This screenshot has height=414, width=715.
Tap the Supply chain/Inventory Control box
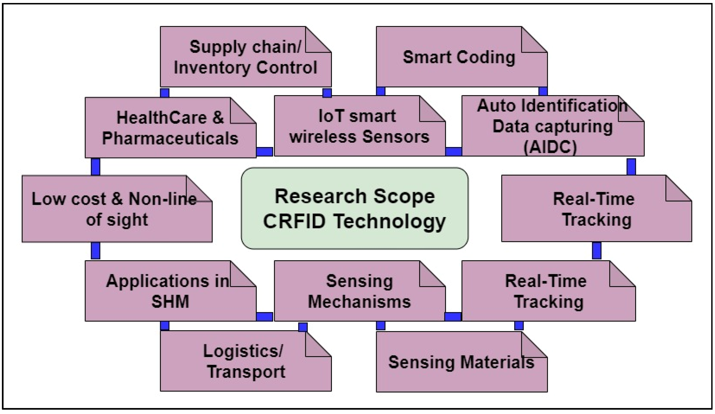(x=245, y=57)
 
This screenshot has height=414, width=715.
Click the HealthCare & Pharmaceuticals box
(x=170, y=128)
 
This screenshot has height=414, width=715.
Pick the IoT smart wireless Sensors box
(x=359, y=126)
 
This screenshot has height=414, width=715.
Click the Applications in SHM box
(x=170, y=291)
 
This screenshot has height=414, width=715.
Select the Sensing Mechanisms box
(x=359, y=291)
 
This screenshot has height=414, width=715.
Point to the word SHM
(x=170, y=302)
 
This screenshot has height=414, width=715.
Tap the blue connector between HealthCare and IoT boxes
(x=264, y=152)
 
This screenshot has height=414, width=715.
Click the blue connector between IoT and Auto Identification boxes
(x=453, y=152)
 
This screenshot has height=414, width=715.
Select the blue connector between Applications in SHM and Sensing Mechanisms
(x=264, y=317)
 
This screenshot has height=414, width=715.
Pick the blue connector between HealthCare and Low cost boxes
(x=95, y=167)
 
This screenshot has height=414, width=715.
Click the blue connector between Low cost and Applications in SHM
(x=95, y=250)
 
